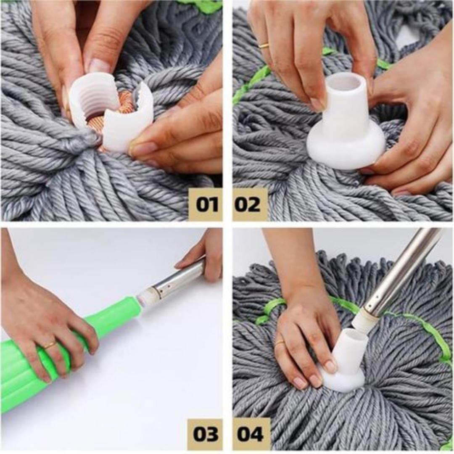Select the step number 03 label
click(205, 434)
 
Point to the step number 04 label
click(251, 434)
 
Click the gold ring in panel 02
click(264, 45)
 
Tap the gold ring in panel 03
click(50, 345)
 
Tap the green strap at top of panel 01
click(202, 5)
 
